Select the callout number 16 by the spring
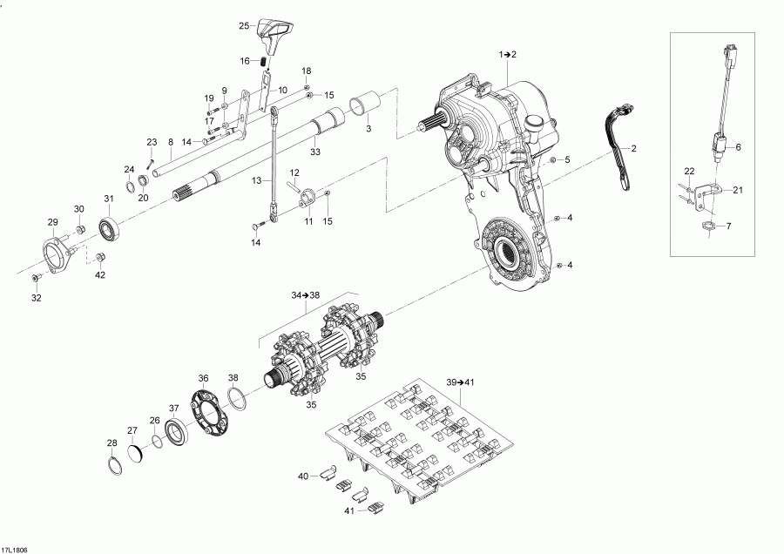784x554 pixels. pos(247,61)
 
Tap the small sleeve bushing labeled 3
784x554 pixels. pos(364,104)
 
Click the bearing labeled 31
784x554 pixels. pos(109,230)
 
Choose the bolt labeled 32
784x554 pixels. pos(36,277)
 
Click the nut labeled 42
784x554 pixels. pos(100,257)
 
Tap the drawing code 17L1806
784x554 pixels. pos(15,548)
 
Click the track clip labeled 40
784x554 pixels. pos(326,473)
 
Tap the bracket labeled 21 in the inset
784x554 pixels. pos(712,192)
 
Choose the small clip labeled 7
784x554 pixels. pos(710,228)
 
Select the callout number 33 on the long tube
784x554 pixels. pos(314,152)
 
